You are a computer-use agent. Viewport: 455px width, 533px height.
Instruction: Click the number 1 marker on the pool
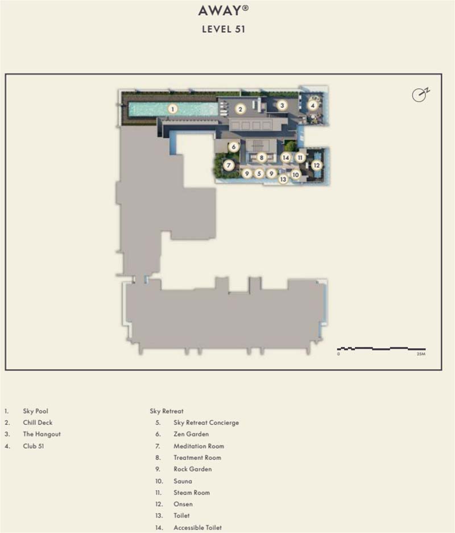pyautogui.click(x=173, y=109)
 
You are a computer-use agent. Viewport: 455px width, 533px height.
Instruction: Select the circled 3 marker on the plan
pyautogui.click(x=282, y=105)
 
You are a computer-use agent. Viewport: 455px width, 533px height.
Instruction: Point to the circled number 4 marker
pyautogui.click(x=312, y=105)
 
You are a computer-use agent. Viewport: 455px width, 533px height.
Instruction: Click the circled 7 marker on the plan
pyautogui.click(x=229, y=166)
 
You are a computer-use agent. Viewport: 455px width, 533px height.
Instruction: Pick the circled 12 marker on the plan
pyautogui.click(x=317, y=165)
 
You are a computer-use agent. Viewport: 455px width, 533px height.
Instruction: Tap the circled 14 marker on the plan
pyautogui.click(x=286, y=158)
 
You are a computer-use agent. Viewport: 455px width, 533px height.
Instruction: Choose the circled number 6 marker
pyautogui.click(x=233, y=147)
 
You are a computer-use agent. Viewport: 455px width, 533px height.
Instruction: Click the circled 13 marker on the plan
pyautogui.click(x=283, y=180)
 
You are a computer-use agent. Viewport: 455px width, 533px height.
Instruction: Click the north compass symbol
pyautogui.click(x=420, y=95)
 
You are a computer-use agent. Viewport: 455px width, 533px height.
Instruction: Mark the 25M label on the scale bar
pyautogui.click(x=420, y=353)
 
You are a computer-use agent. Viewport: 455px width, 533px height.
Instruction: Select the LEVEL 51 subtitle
pyautogui.click(x=224, y=30)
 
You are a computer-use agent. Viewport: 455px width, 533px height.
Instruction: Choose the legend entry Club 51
pyautogui.click(x=34, y=446)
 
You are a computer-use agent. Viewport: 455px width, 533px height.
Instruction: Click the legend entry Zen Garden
pyautogui.click(x=191, y=434)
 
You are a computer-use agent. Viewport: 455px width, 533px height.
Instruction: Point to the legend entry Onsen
pyautogui.click(x=183, y=504)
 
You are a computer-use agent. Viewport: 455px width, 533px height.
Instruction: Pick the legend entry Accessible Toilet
pyautogui.click(x=197, y=528)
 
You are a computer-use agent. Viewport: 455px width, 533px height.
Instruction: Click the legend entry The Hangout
pyautogui.click(x=42, y=434)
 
